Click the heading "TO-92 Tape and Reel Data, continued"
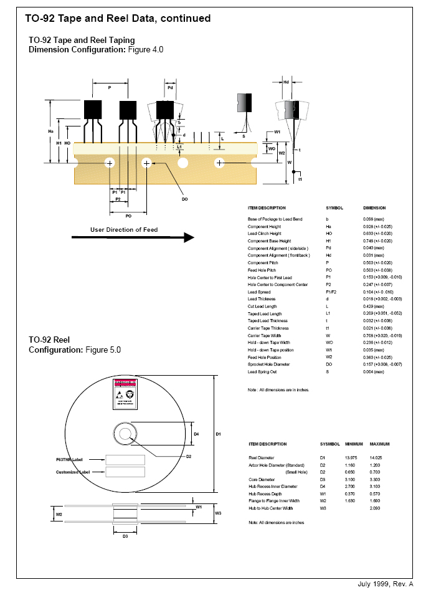click(118, 19)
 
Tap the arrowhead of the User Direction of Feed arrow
click(188, 237)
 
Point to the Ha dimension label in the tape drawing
click(51, 131)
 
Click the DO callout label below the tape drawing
click(184, 199)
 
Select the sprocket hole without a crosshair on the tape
click(183, 163)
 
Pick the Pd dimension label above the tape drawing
click(170, 88)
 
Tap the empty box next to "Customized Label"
click(125, 472)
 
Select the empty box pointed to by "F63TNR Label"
click(125, 459)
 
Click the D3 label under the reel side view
click(125, 536)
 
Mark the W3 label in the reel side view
click(217, 513)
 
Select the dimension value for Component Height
click(374, 227)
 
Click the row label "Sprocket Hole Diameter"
click(269, 364)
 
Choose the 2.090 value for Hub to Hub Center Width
click(376, 508)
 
